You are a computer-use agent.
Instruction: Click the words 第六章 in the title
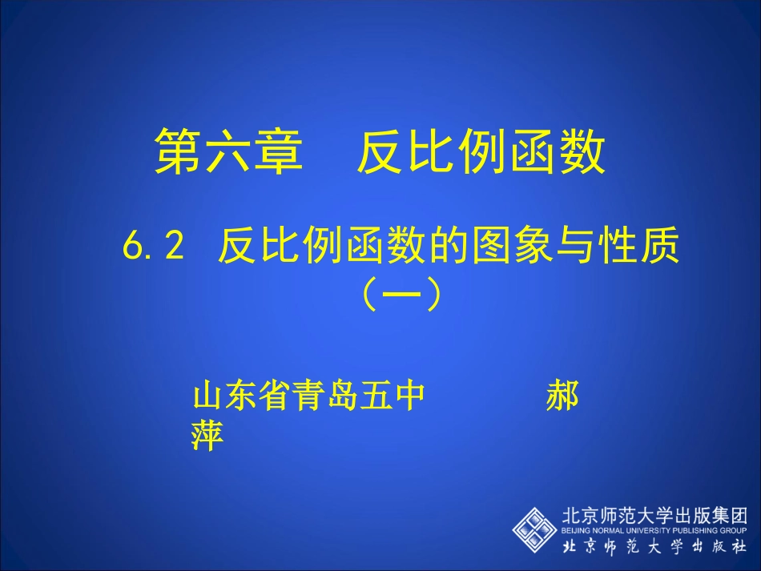pyautogui.click(x=229, y=152)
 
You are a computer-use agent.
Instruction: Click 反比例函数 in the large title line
pyautogui.click(x=481, y=152)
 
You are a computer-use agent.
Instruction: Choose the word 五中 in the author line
pyautogui.click(x=393, y=396)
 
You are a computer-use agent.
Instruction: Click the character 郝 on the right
pyautogui.click(x=562, y=396)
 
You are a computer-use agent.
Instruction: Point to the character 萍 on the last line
pyautogui.click(x=207, y=436)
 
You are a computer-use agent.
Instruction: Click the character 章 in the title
pyautogui.click(x=280, y=152)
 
